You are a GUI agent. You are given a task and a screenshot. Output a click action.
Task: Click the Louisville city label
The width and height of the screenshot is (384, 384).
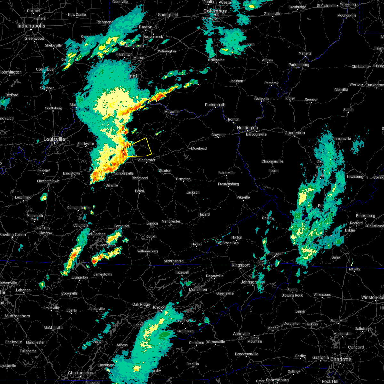(x=54, y=139)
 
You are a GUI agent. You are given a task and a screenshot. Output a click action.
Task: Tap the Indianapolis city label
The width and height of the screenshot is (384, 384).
(x=31, y=26)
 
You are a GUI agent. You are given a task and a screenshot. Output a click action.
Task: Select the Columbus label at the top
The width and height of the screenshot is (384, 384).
(x=215, y=11)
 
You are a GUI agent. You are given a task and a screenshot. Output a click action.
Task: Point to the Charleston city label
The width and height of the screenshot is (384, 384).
(x=295, y=133)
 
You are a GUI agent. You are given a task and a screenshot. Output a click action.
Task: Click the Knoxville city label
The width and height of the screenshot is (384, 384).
(x=159, y=307)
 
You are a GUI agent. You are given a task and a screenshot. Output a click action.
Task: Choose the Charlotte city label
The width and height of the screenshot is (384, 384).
(x=341, y=359)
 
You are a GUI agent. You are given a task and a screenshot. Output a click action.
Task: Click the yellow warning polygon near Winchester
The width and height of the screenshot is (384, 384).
(x=141, y=148)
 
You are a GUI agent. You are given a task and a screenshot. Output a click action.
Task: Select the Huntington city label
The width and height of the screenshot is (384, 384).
(x=247, y=128)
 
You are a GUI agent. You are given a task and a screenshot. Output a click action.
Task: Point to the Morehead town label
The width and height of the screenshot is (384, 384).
(x=199, y=148)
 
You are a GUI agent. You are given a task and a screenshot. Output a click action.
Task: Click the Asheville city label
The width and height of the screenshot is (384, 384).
(x=241, y=334)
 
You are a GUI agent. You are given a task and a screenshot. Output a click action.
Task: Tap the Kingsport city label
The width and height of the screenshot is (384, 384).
(x=241, y=265)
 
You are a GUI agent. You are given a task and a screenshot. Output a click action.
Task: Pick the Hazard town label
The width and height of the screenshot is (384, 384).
(x=204, y=214)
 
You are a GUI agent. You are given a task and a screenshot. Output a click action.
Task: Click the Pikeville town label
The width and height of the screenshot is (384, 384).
(x=243, y=197)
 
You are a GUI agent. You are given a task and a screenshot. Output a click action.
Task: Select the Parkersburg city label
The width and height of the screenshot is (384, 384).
(x=299, y=65)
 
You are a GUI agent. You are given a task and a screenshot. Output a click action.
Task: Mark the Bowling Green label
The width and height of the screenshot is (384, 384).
(x=13, y=235)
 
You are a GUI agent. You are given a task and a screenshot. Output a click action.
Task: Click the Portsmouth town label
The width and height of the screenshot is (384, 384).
(x=215, y=105)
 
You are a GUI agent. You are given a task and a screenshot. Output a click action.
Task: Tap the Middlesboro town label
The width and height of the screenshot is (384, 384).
(x=174, y=261)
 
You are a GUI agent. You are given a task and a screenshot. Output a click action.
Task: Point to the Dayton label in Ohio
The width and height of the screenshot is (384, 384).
(x=146, y=27)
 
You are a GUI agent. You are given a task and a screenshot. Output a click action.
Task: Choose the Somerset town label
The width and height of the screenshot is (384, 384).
(x=122, y=226)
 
